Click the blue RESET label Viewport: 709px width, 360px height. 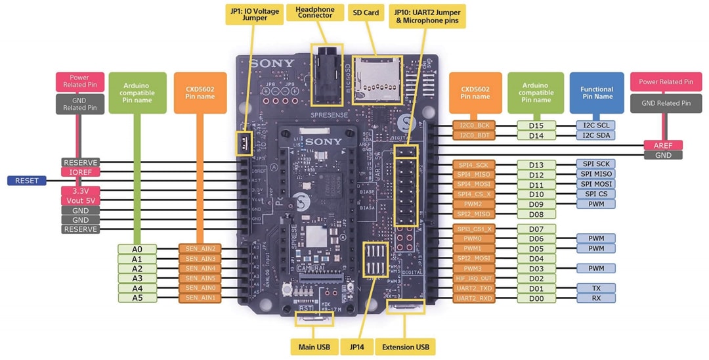tap(26, 181)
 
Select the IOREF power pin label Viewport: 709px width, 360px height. tap(80, 171)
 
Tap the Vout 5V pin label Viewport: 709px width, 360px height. tap(80, 200)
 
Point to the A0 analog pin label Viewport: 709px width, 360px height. tap(137, 249)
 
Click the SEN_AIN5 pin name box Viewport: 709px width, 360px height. tap(200, 279)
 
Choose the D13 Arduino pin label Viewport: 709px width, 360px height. tap(536, 164)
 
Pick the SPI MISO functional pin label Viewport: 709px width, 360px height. tap(596, 174)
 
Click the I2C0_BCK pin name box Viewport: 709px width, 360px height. tap(475, 125)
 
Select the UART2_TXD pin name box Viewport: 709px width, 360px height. tap(475, 288)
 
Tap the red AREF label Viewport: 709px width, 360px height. tap(663, 145)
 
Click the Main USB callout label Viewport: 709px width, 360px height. tap(314, 346)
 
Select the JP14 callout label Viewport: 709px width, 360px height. tap(361, 346)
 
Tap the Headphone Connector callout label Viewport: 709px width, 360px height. tap(314, 13)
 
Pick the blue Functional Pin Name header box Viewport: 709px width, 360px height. tap(596, 93)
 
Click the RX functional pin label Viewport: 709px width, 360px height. tap(596, 298)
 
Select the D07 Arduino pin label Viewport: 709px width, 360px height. tap(536, 229)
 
